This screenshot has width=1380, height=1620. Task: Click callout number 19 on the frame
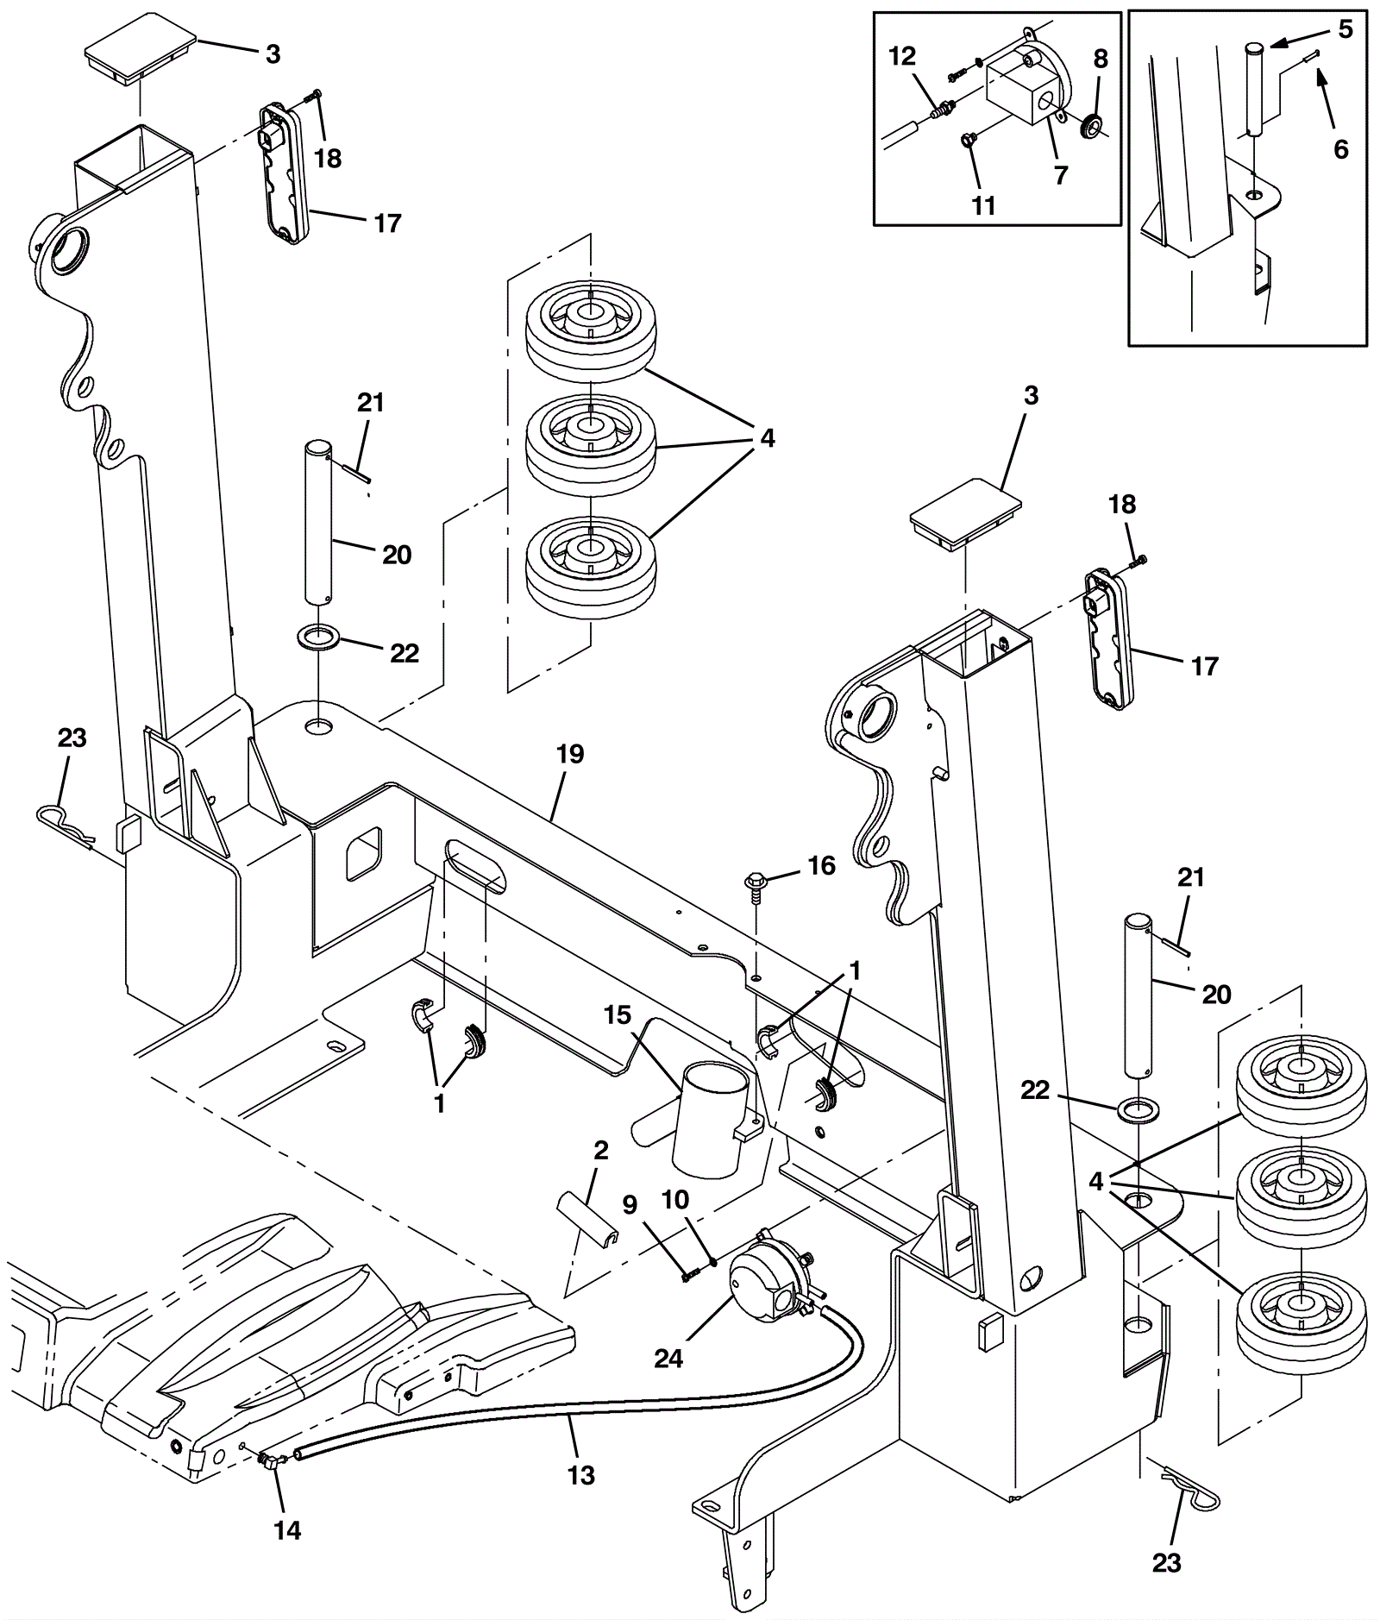click(x=570, y=754)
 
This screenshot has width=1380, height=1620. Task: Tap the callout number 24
click(x=668, y=1359)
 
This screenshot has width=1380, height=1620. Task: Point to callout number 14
click(x=287, y=1530)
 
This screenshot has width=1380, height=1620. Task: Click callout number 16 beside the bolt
click(x=821, y=865)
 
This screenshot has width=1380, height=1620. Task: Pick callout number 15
click(x=618, y=1015)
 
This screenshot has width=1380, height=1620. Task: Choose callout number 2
click(x=601, y=1150)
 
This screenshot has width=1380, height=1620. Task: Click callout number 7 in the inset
click(x=1061, y=174)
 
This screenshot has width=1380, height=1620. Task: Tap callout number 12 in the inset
click(x=902, y=57)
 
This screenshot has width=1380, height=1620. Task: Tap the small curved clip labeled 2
click(x=586, y=1208)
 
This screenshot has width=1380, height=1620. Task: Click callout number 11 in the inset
click(x=983, y=205)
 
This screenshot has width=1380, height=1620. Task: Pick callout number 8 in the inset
click(x=1101, y=59)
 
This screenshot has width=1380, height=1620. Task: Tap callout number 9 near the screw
click(x=630, y=1205)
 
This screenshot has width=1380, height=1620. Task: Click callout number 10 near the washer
click(x=676, y=1200)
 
